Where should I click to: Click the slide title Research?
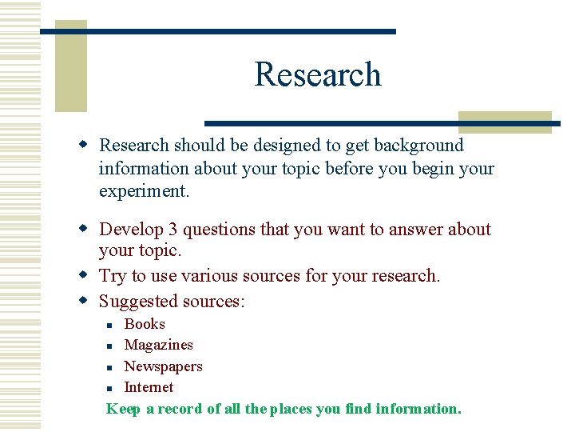coord(318,74)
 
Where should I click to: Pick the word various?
coord(210,276)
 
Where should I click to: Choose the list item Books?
coord(145,324)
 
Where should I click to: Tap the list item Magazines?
coord(158,345)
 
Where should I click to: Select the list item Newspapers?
coord(163,366)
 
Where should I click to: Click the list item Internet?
coord(149,387)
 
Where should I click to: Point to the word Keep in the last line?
coord(123,409)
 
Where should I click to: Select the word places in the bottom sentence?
coord(291,409)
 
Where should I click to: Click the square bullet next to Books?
coord(110,325)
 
